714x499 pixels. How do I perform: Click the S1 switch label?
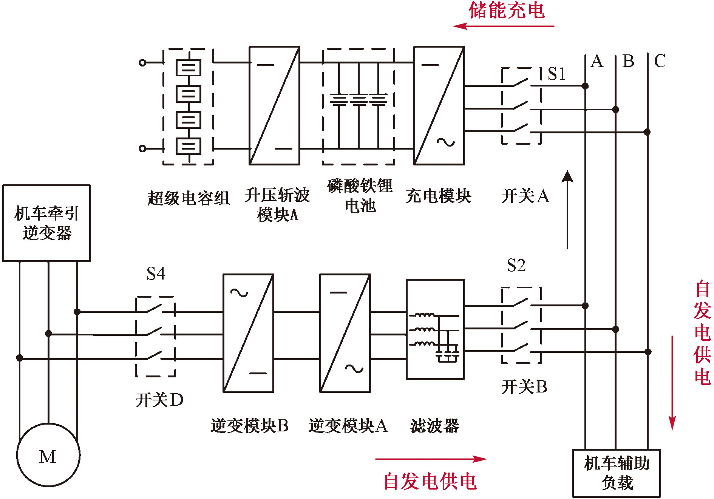pyautogui.click(x=556, y=74)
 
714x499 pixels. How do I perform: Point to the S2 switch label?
pyautogui.click(x=516, y=265)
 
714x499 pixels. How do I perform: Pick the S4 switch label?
pyautogui.click(x=156, y=273)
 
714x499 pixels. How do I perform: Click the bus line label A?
pyautogui.click(x=597, y=61)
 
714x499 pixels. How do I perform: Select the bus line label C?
pyautogui.click(x=660, y=61)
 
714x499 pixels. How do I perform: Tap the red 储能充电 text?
pyautogui.click(x=507, y=10)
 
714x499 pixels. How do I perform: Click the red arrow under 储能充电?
pyautogui.click(x=504, y=26)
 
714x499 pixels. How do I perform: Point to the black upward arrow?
pyautogui.click(x=567, y=210)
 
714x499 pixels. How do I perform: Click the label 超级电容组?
pyautogui.click(x=188, y=198)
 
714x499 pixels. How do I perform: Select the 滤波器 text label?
pyautogui.click(x=434, y=426)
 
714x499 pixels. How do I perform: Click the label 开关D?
pyautogui.click(x=159, y=400)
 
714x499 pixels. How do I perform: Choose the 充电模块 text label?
pyautogui.click(x=438, y=196)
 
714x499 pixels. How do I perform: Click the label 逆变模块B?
pyautogui.click(x=249, y=426)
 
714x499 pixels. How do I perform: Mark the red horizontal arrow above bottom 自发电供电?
pyautogui.click(x=431, y=459)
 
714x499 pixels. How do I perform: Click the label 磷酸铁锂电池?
pyautogui.click(x=360, y=196)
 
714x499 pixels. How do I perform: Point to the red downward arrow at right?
pyautogui.click(x=672, y=383)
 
